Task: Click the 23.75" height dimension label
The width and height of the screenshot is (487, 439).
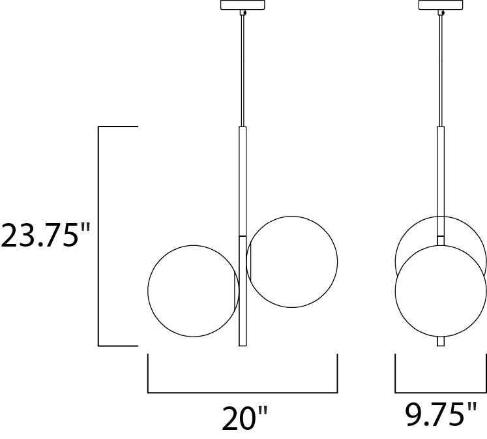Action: (46, 235)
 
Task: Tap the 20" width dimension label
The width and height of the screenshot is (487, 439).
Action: (244, 417)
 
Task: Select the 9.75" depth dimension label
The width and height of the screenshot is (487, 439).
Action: (441, 414)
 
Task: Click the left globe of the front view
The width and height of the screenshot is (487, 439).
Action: (148, 291)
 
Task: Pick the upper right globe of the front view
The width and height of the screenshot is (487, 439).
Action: (337, 262)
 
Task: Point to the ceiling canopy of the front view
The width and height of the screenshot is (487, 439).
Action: (243, 5)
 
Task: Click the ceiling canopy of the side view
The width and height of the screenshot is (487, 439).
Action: (441, 5)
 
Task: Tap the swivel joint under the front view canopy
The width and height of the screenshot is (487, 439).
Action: (243, 13)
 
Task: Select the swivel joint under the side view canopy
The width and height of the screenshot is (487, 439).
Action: (441, 13)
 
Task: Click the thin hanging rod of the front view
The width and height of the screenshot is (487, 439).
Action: (243, 71)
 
